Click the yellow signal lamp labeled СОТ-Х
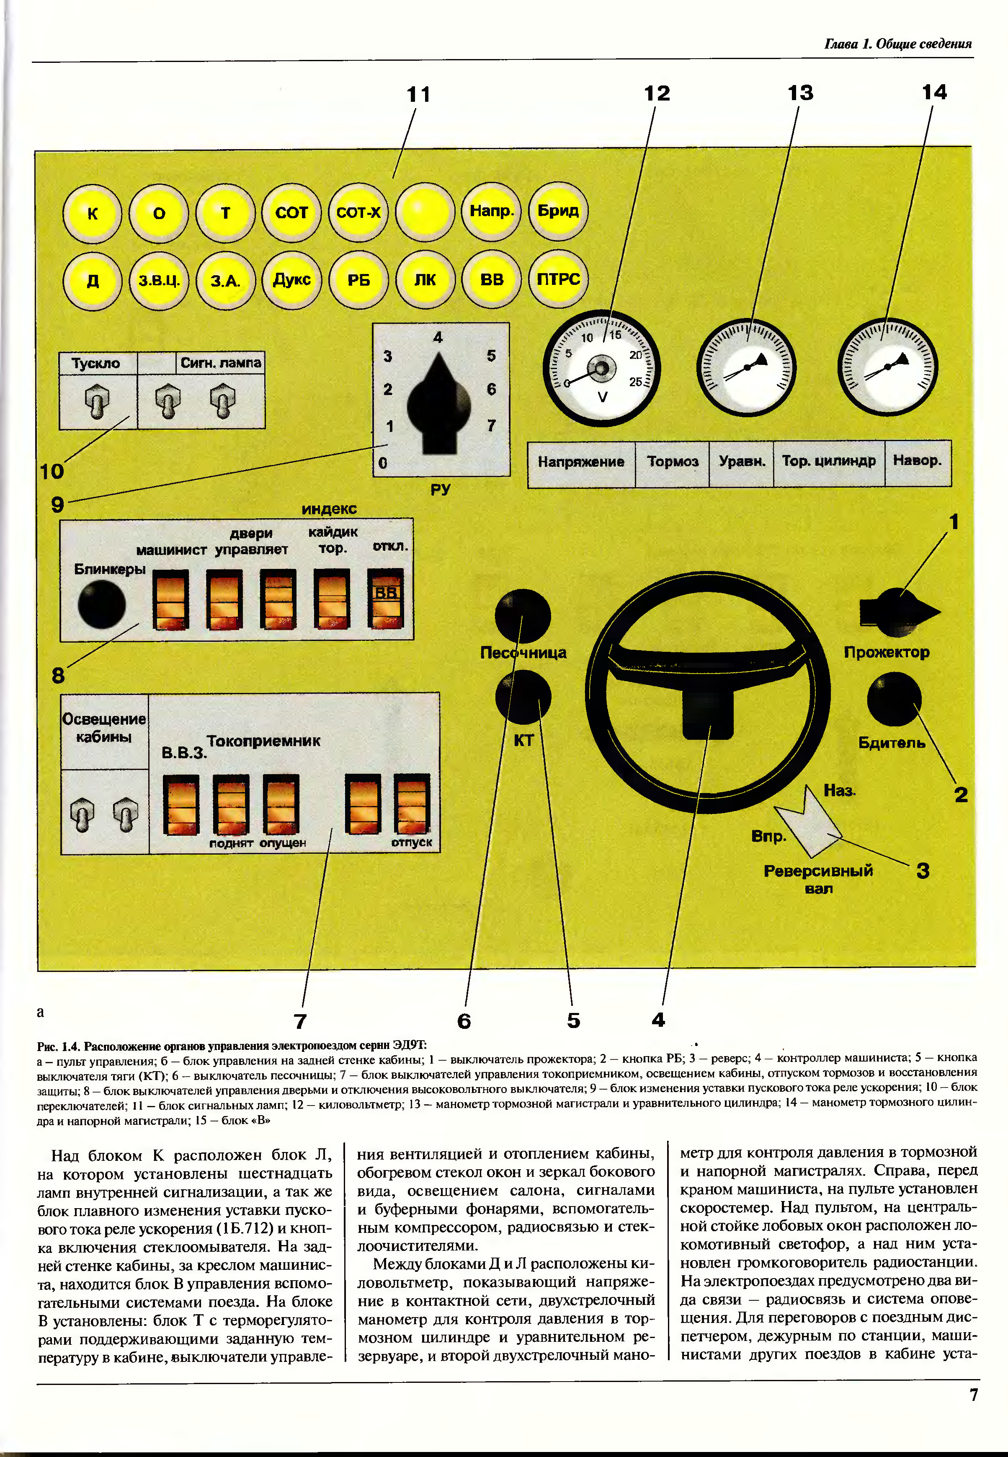click(x=358, y=212)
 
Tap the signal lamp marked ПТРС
click(x=558, y=279)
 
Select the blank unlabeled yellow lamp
click(x=425, y=212)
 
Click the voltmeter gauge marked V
click(x=601, y=368)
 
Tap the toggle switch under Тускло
click(x=97, y=402)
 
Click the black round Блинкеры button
click(x=101, y=604)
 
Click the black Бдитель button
click(x=894, y=700)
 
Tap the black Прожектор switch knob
click(x=898, y=612)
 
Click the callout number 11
click(x=418, y=95)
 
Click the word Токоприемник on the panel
click(x=263, y=741)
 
